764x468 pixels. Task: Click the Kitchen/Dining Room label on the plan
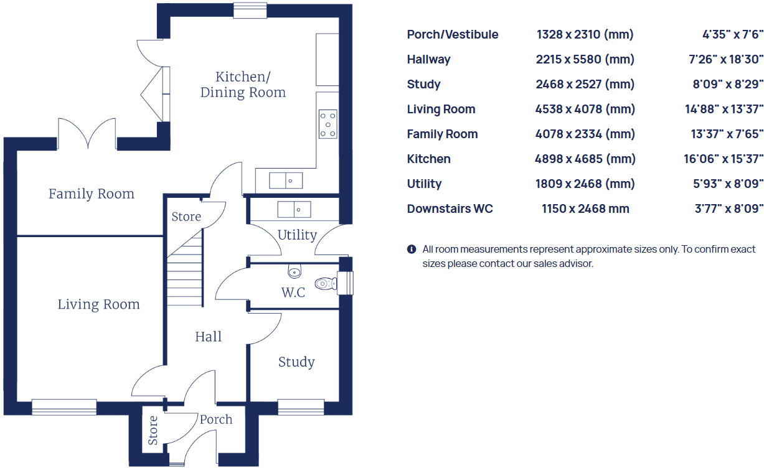coord(242,85)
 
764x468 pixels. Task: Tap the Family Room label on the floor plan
coord(92,194)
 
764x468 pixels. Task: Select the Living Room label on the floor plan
coord(98,304)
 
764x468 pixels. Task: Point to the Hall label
coord(208,337)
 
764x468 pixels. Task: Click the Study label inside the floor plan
coord(296,362)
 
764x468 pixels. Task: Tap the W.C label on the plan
coord(293,292)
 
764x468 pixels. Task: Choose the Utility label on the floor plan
coord(297,235)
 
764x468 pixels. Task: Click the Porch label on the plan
coord(216,419)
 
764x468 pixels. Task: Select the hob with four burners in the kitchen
coord(328,124)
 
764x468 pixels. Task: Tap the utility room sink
coord(294,209)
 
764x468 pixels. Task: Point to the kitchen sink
coord(286,180)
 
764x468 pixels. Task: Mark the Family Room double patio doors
coord(87,134)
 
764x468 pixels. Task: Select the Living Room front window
coord(64,407)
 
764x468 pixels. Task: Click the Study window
coord(301,407)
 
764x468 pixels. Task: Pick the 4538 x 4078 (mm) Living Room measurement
coord(585,110)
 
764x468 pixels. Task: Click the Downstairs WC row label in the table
coord(450,209)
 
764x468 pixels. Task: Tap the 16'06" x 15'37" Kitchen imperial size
coord(723,159)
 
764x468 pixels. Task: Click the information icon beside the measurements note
coord(411,250)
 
